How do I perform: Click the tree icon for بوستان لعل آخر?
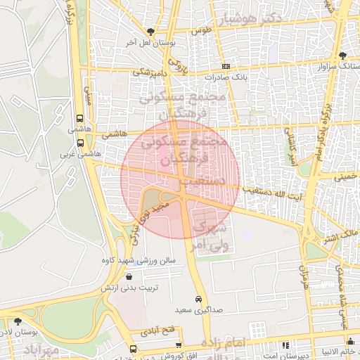[150, 32]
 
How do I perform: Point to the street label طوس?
[202, 31]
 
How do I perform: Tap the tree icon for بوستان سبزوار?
[342, 55]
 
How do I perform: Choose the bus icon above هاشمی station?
[79, 119]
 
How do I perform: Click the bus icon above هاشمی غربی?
[79, 143]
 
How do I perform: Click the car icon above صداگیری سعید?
[200, 299]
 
